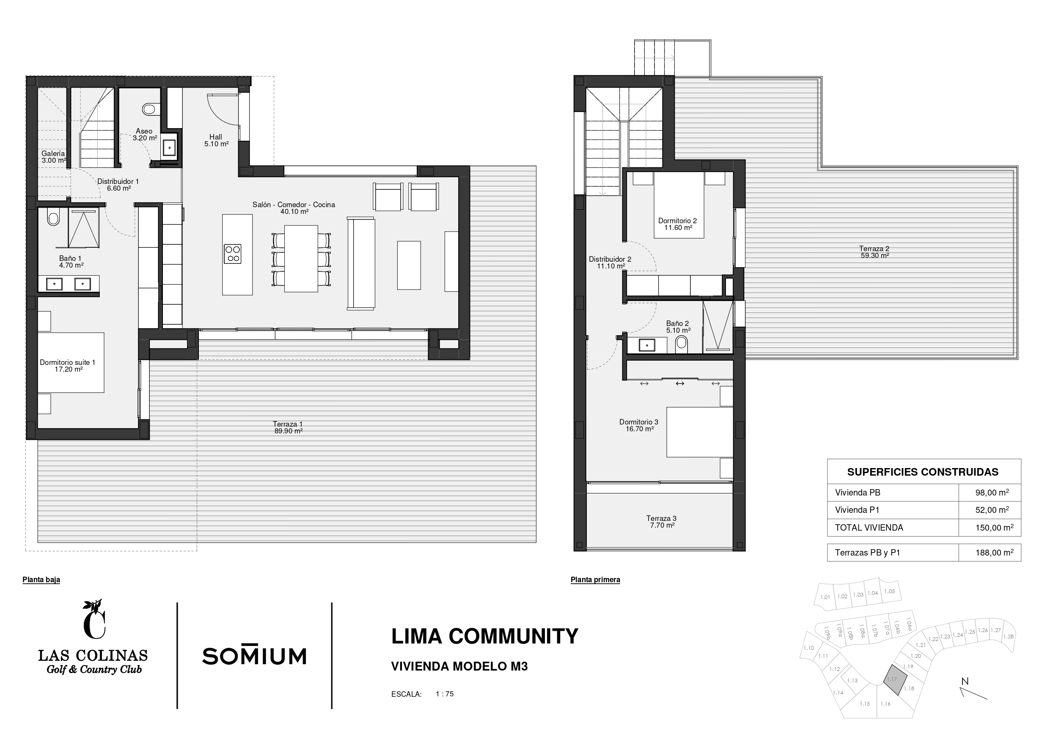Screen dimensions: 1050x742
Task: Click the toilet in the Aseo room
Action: pos(149,109)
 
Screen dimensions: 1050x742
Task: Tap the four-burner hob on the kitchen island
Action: pos(233,254)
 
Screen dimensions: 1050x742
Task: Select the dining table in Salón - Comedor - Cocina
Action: pos(301,259)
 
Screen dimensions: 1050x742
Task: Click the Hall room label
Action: pos(216,137)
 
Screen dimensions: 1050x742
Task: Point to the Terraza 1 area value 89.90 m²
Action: pos(289,431)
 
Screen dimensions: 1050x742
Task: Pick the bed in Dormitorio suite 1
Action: pos(71,362)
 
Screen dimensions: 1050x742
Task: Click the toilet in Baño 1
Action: pos(53,217)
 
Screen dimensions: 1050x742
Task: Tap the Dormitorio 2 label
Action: pos(678,221)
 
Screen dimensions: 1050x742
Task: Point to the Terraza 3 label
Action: pos(661,518)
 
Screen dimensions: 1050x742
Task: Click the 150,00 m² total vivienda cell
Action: pos(994,528)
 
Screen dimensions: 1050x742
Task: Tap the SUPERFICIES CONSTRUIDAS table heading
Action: pos(923,472)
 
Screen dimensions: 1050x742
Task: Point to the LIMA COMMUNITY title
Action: pos(485,636)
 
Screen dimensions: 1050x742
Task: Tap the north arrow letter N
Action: pos(965,681)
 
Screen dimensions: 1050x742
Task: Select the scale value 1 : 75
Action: pos(445,694)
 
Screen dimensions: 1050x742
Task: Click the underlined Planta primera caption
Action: pos(595,580)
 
